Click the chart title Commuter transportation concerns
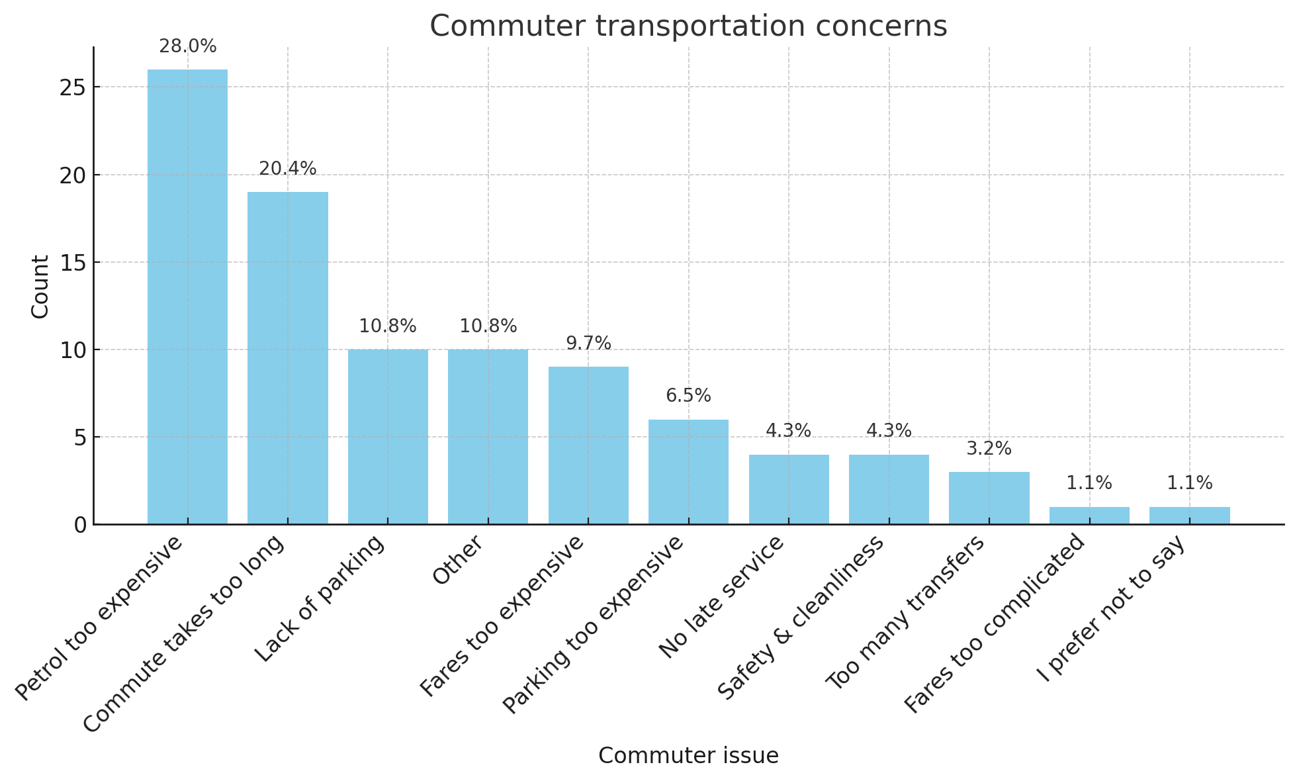point(688,26)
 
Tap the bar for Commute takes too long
point(288,357)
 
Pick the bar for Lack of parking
point(388,437)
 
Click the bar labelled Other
point(488,437)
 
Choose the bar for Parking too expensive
point(688,471)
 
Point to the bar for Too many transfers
point(989,498)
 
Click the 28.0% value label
point(187,46)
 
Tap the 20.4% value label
point(288,169)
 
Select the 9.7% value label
point(588,344)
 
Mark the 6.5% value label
point(688,396)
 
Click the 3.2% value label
point(989,449)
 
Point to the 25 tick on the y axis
point(73,87)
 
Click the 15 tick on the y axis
point(73,262)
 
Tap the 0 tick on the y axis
point(80,525)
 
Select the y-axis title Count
point(40,286)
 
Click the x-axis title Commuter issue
point(688,755)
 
